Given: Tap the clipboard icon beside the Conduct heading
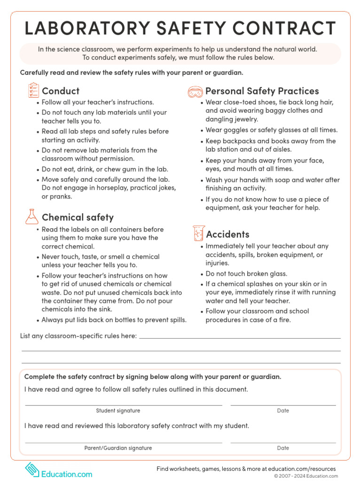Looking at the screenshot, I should [x=33, y=91].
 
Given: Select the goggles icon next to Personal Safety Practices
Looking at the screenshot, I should [x=196, y=91].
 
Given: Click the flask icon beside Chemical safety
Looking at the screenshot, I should [x=31, y=216].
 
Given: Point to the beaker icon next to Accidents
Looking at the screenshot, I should [x=198, y=233].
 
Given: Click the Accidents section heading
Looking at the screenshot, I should [x=228, y=234].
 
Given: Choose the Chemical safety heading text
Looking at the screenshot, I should [x=78, y=217].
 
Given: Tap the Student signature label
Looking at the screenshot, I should [x=118, y=411].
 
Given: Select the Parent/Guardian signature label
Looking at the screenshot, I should [x=118, y=448].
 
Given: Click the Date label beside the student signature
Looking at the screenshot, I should [x=283, y=411].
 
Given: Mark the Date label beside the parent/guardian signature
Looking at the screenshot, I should [x=283, y=448].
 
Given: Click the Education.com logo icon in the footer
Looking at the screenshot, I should [x=32, y=469].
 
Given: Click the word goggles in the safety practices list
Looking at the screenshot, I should [x=235, y=130].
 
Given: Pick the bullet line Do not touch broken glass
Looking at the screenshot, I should [x=246, y=273].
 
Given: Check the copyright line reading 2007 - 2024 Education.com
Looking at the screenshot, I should [x=306, y=476].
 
